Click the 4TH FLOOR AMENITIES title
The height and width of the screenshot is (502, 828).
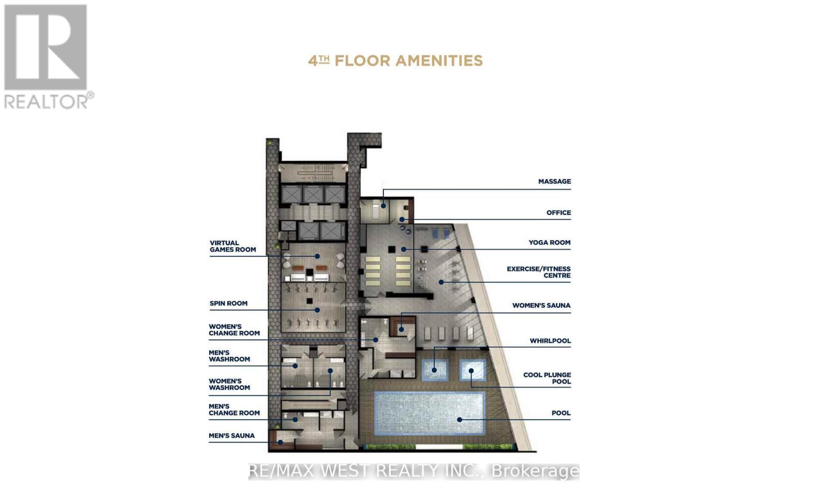395,61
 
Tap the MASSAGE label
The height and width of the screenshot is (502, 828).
554,181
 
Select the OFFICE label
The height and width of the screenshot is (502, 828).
558,212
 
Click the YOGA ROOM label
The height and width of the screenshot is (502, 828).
549,242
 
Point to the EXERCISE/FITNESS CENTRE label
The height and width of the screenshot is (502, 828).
538,272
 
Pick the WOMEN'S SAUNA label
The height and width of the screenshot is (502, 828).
541,306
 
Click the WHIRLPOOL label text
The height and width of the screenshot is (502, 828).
550,341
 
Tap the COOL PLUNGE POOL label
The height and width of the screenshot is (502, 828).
546,378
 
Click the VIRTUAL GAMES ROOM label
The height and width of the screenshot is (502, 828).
232,246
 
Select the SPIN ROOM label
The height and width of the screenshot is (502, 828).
228,303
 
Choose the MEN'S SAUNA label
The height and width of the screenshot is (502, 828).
231,436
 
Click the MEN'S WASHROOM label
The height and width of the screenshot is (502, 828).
229,356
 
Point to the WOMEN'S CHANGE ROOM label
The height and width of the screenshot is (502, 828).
234,330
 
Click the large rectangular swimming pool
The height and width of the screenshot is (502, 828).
428,413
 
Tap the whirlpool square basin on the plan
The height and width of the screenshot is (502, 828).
434,370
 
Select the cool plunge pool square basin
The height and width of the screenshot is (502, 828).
472,370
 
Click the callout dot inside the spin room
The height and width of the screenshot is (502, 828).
317,310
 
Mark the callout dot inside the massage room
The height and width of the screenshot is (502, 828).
383,206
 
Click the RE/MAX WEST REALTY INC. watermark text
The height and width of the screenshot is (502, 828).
413,471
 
